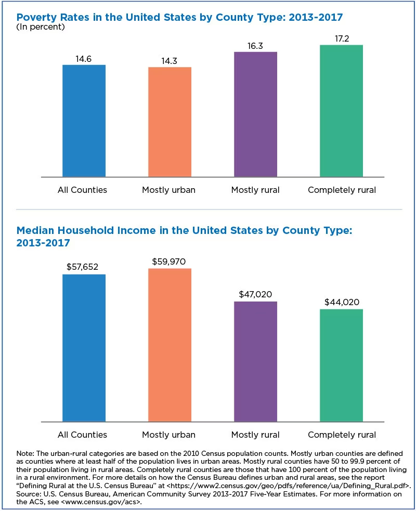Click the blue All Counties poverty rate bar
point(84,121)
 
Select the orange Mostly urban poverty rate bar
point(170,122)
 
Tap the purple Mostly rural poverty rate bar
point(255,114)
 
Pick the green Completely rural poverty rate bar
point(341,111)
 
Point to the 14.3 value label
point(170,60)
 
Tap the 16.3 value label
point(255,45)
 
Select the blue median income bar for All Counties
point(84,348)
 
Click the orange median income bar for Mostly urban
point(170,345)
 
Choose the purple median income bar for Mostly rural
point(255,361)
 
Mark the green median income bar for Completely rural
point(341,365)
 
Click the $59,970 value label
point(170,261)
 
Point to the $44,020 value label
point(342,302)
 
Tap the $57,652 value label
point(84,267)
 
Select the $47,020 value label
point(255,294)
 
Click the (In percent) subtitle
point(41,27)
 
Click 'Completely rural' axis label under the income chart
point(342,435)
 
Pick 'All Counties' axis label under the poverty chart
point(82,190)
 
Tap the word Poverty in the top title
point(36,16)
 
